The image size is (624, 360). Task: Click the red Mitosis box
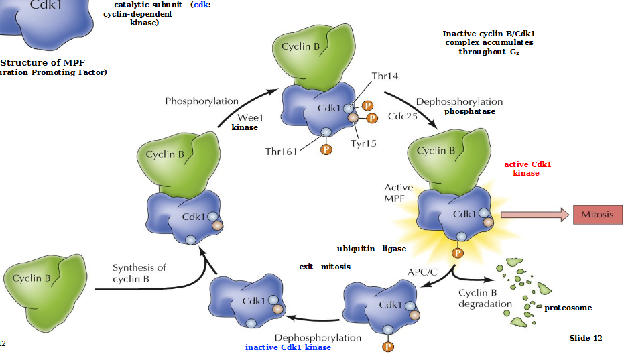point(597,215)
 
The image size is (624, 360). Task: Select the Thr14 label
point(385,76)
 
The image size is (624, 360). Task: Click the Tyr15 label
point(364,143)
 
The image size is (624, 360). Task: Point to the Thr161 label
point(281,152)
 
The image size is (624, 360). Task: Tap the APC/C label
point(422,272)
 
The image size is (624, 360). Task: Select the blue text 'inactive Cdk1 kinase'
point(288,347)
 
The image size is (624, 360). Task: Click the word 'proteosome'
point(568,308)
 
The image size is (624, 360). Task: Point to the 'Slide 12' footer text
point(585,338)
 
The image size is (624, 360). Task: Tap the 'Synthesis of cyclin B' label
point(139,273)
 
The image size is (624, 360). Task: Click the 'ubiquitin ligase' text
point(371,249)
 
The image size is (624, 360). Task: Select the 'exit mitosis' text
point(324,267)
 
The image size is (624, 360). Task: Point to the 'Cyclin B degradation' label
point(485,298)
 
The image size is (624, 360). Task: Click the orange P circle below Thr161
point(326,149)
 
